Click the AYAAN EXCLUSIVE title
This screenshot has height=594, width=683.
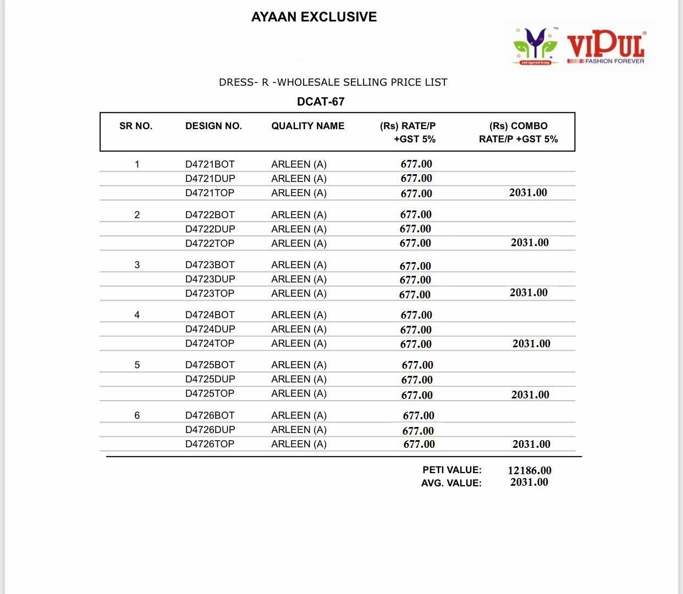point(314,17)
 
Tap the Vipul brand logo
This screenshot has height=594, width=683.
point(580,47)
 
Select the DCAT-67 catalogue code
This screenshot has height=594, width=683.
point(321,102)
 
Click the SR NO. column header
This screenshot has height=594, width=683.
point(136,126)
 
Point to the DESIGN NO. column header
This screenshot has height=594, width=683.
point(213,126)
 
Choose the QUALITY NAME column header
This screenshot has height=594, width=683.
point(307,126)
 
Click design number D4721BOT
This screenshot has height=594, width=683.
point(210,164)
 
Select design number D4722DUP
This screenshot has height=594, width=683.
point(210,229)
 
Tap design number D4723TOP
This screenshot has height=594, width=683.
point(210,293)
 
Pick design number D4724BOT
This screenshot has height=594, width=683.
point(210,315)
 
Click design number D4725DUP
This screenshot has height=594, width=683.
point(210,379)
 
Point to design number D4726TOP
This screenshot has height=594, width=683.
point(210,444)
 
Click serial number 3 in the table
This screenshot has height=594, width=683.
point(137,265)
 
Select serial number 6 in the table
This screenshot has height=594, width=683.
point(137,415)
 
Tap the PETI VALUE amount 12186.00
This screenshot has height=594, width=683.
point(530,470)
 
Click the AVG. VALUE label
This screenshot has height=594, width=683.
point(451,483)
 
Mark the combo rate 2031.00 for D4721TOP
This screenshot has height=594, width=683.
point(528,192)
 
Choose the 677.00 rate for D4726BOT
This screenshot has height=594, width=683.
point(418,416)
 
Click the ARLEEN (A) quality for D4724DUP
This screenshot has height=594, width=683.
point(299,329)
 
